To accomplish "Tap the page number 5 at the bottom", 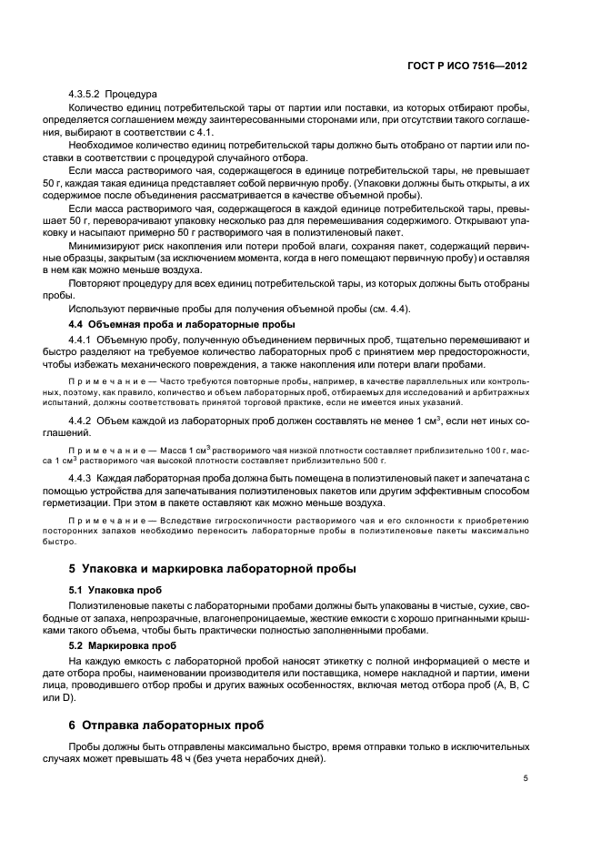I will coord(526,777).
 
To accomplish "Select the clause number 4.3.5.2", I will coord(85,94).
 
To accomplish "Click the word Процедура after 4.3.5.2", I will coord(132,94).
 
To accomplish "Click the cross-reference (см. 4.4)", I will coord(341,309).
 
